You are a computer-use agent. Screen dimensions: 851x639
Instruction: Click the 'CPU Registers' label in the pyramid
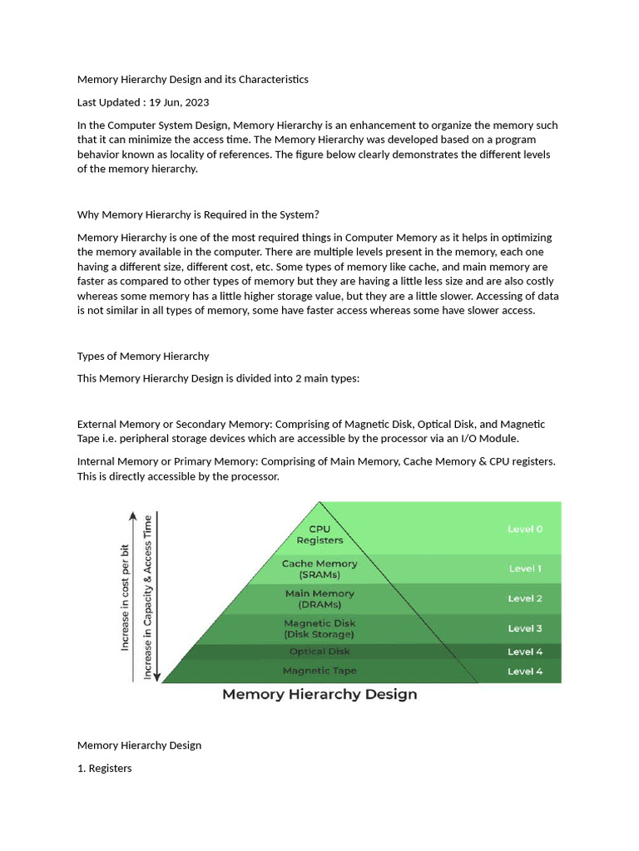pyautogui.click(x=319, y=534)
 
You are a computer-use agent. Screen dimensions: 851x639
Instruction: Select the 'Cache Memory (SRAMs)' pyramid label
pyautogui.click(x=319, y=569)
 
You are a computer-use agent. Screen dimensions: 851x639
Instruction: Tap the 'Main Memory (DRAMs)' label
pyautogui.click(x=319, y=599)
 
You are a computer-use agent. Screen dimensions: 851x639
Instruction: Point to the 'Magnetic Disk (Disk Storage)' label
pyautogui.click(x=319, y=629)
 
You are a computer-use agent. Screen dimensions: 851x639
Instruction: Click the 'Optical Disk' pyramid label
pyautogui.click(x=319, y=652)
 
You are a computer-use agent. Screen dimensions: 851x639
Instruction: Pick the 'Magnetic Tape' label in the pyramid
pyautogui.click(x=319, y=671)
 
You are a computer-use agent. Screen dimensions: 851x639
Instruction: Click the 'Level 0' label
pyautogui.click(x=525, y=529)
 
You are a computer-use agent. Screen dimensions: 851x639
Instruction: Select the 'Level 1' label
pyautogui.click(x=525, y=568)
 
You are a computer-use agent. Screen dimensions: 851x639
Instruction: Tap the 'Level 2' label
pyautogui.click(x=525, y=598)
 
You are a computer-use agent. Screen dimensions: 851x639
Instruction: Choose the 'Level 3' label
pyautogui.click(x=525, y=628)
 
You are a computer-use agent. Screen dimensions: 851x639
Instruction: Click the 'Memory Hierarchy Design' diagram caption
pyautogui.click(x=319, y=695)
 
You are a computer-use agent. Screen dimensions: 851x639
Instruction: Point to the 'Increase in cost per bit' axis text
pyautogui.click(x=126, y=597)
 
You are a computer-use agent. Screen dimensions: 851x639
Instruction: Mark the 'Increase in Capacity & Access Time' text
pyautogui.click(x=148, y=597)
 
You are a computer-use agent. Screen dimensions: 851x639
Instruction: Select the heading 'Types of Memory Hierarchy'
pyautogui.click(x=143, y=356)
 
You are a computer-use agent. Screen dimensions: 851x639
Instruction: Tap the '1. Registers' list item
pyautogui.click(x=105, y=768)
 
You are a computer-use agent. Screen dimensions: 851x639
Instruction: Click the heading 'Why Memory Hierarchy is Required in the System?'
pyautogui.click(x=198, y=214)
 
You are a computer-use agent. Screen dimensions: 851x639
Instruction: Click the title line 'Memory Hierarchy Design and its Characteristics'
pyautogui.click(x=193, y=79)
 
